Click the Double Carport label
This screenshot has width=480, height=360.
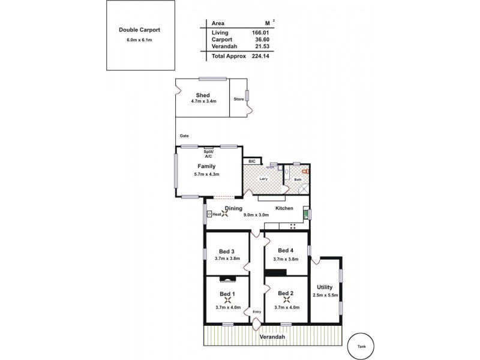coord(139,29)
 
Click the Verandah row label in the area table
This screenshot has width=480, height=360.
coord(224,46)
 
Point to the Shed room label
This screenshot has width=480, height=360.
coord(202,95)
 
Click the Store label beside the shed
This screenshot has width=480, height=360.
coord(238,98)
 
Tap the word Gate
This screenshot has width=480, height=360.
coord(184,136)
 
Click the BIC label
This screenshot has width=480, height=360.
coord(252,161)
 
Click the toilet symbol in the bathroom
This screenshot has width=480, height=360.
coord(305,172)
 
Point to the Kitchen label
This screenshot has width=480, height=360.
coord(284,208)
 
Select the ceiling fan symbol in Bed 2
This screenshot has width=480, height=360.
coord(286,300)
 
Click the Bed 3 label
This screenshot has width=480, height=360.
coord(226,251)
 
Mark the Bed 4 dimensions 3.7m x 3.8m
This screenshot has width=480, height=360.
coord(286,259)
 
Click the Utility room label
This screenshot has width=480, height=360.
coord(325,287)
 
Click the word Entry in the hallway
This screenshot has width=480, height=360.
coord(257,311)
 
